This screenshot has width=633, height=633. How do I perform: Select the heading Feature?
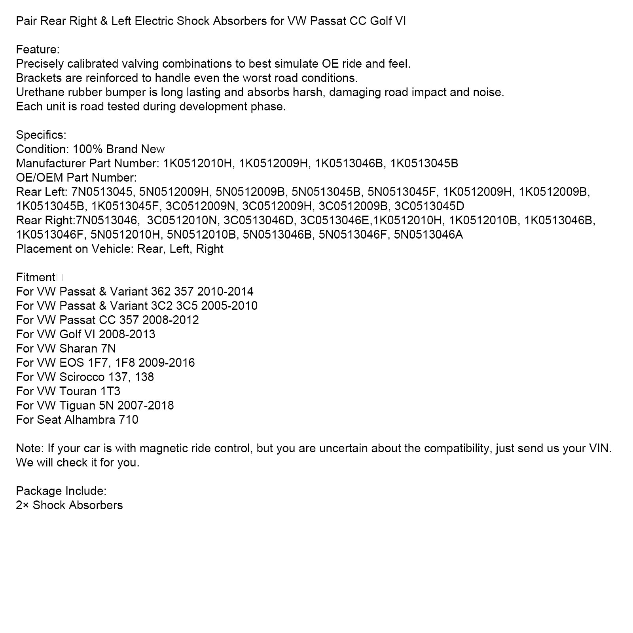click(38, 49)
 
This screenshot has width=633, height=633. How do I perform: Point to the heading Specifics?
click(41, 135)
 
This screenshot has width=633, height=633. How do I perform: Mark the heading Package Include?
click(61, 491)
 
